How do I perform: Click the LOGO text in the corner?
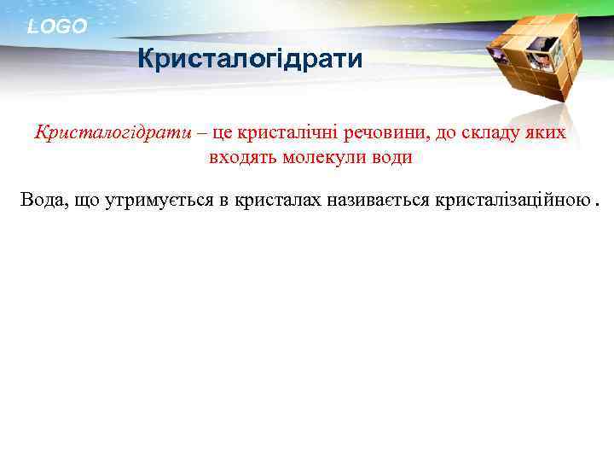[x=57, y=26]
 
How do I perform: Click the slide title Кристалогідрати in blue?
[x=251, y=59]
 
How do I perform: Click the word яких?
[x=547, y=133]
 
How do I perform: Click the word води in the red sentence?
[x=393, y=158]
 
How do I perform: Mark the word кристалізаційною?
[x=512, y=201]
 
